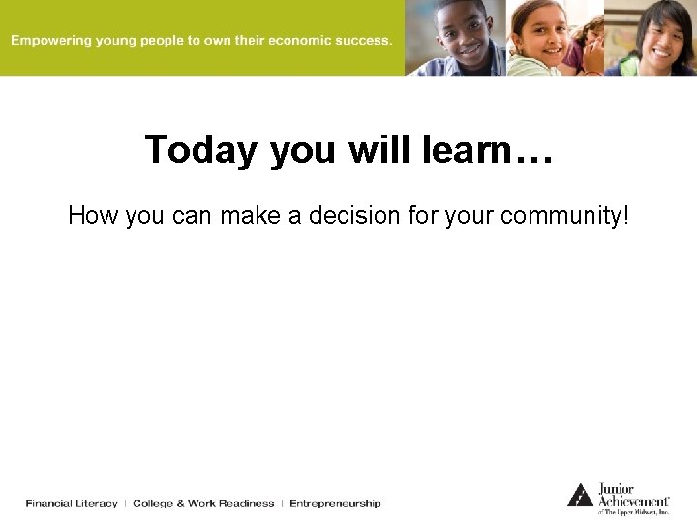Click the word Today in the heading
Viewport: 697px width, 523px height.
(x=201, y=151)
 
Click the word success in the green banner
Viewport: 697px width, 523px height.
(x=362, y=41)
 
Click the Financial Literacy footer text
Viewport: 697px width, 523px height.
(x=72, y=503)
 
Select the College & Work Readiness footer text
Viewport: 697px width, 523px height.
(x=203, y=503)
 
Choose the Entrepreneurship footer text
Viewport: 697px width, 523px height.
(x=335, y=503)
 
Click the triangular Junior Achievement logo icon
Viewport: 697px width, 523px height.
(x=580, y=495)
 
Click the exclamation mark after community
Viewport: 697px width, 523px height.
(x=623, y=215)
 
